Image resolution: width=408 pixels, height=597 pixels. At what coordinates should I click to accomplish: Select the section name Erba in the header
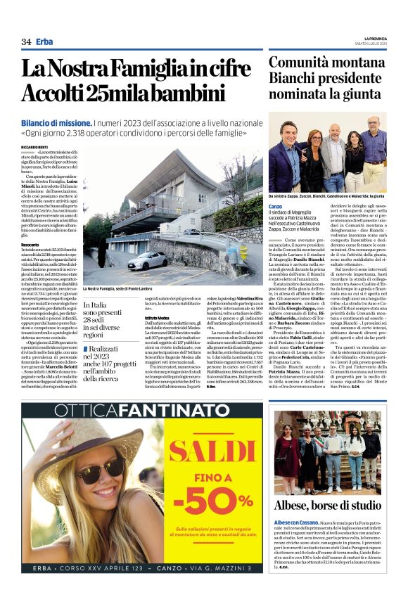click(44, 41)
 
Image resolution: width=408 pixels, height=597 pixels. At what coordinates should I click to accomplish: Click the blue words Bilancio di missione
click(56, 122)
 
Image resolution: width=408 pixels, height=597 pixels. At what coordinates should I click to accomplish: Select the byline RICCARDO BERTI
click(36, 146)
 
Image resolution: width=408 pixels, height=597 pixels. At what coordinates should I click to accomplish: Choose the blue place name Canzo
click(275, 206)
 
